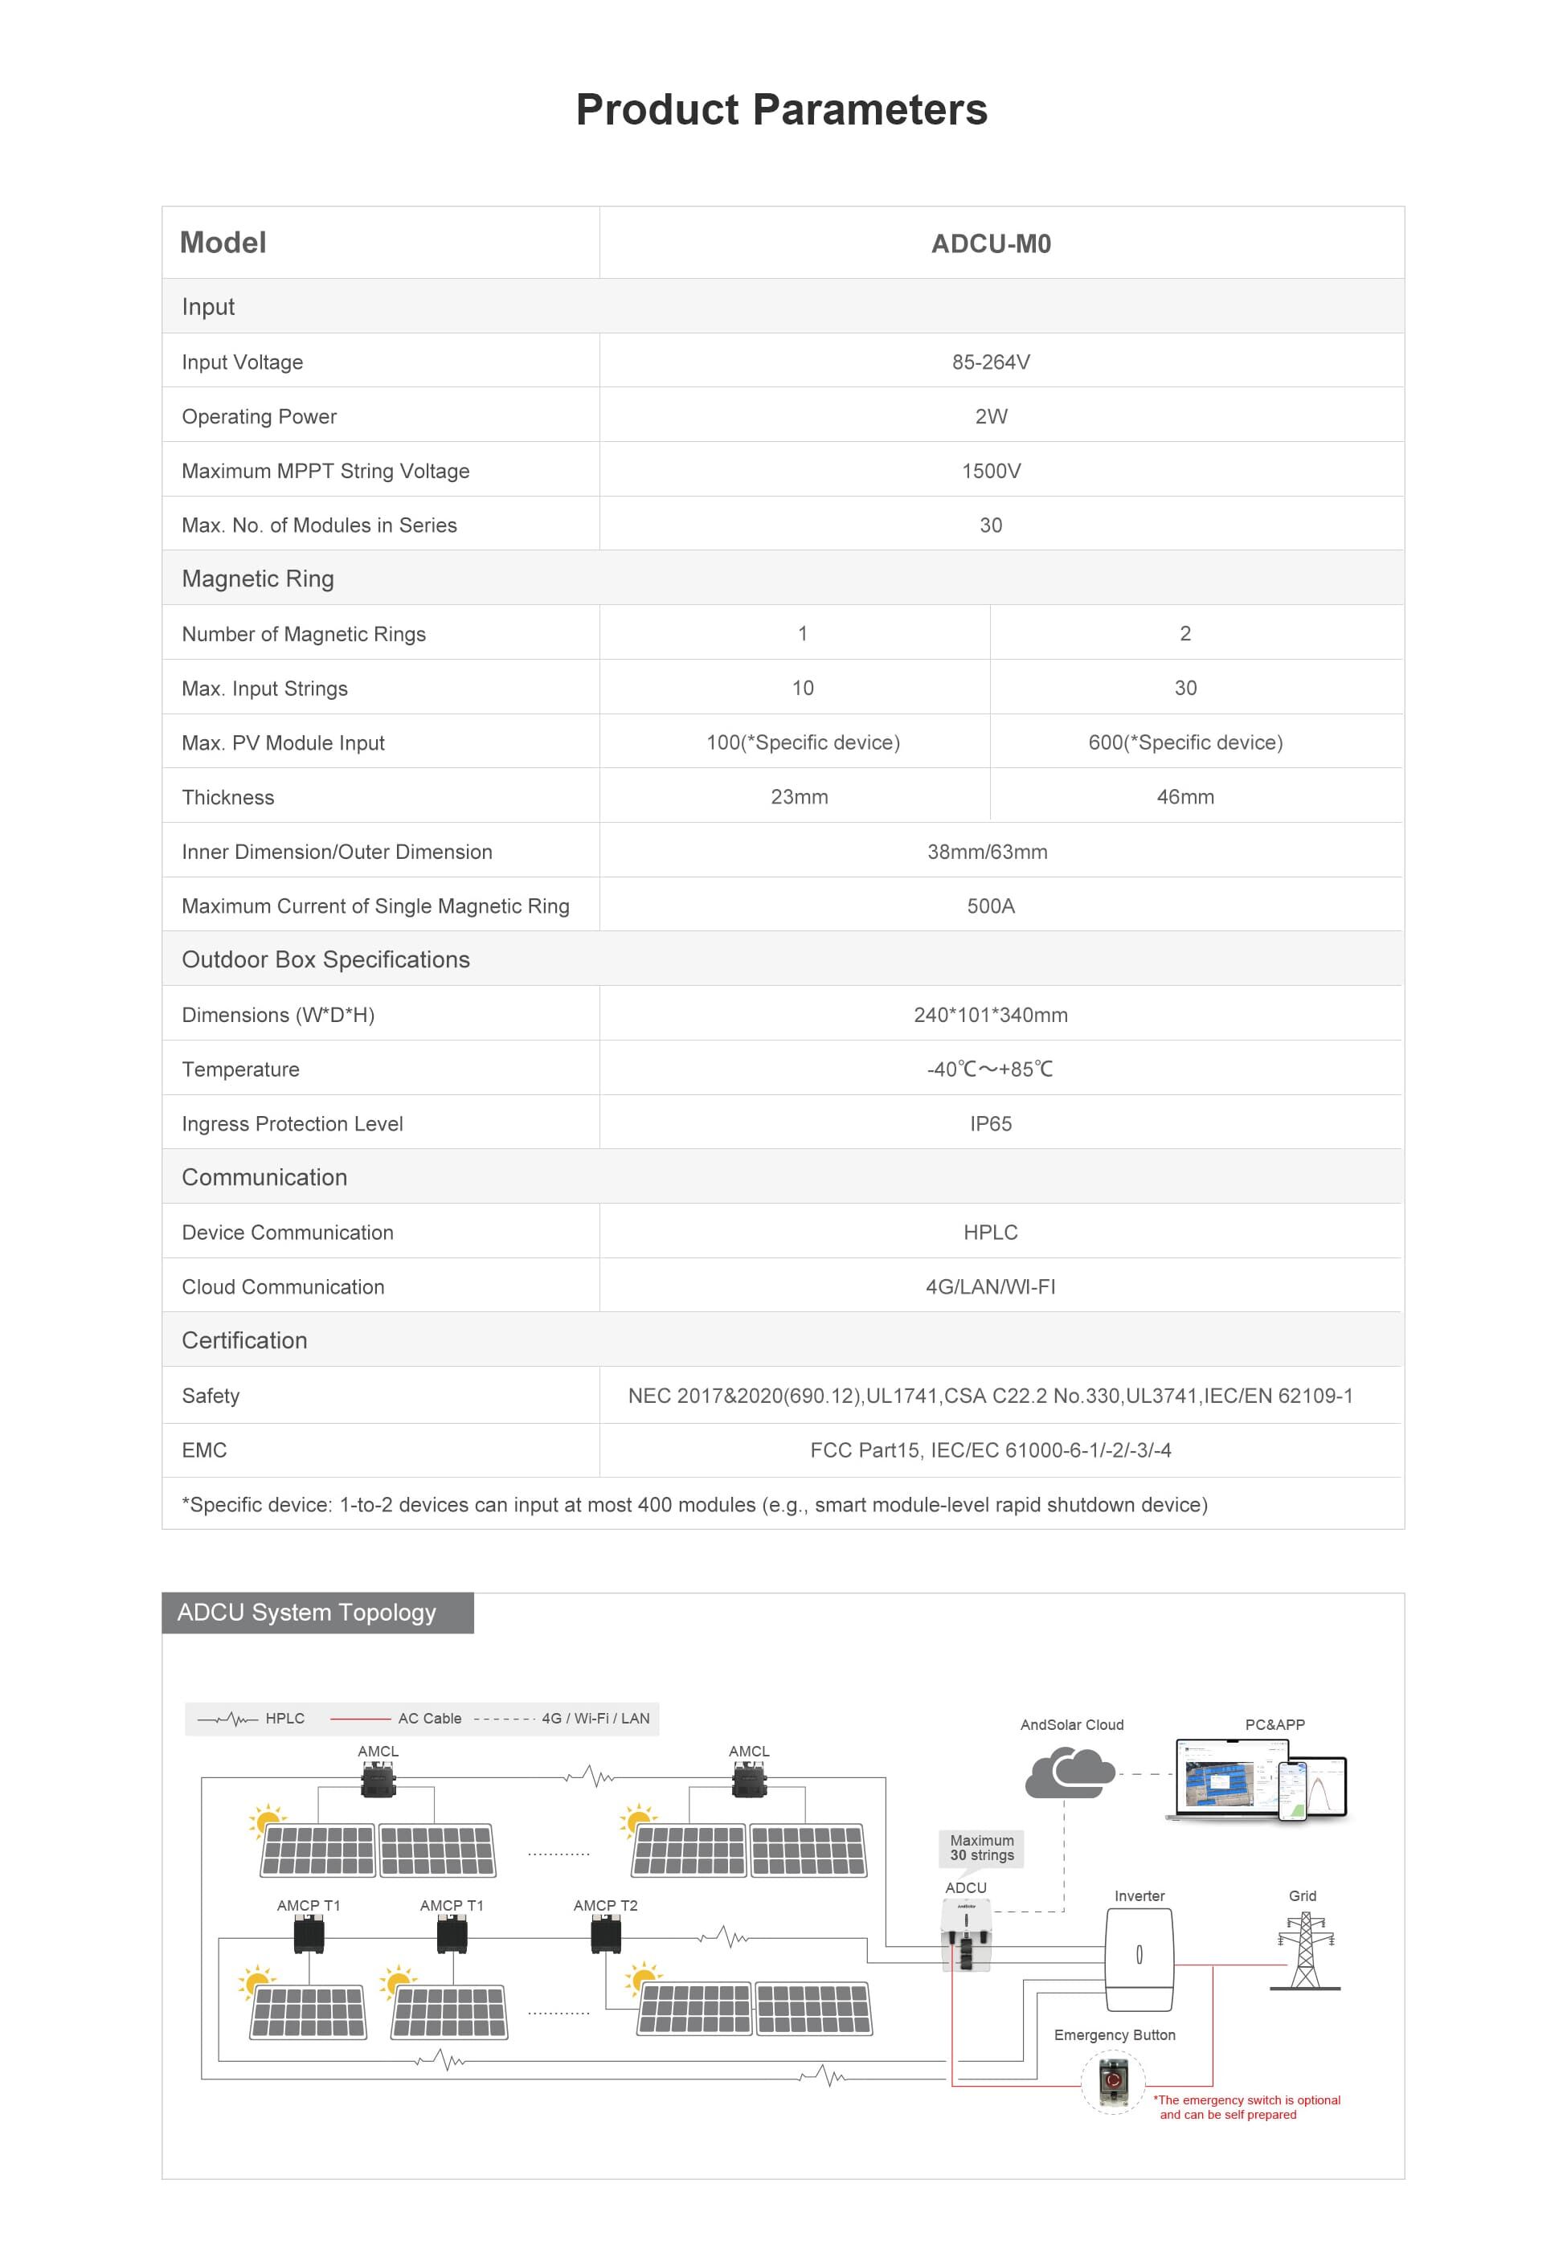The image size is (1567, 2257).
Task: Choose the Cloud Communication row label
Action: (283, 1287)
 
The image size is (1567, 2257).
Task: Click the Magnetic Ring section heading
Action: (257, 579)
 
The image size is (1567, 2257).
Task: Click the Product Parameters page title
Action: (782, 109)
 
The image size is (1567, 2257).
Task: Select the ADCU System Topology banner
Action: (317, 1613)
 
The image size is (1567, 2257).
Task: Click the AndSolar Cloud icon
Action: (1068, 1773)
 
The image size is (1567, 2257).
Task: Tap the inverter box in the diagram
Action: (1139, 1959)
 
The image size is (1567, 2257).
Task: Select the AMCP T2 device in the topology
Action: (605, 1935)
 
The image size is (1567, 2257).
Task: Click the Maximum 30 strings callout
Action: (981, 1847)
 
